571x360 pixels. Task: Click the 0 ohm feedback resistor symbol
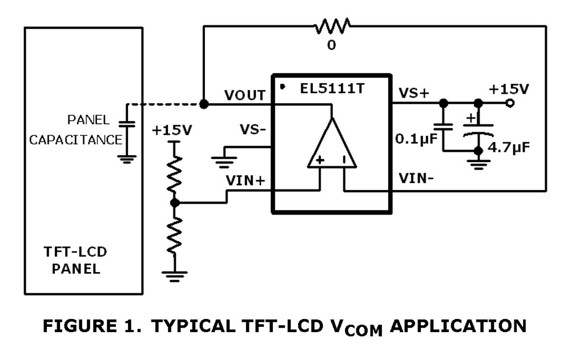[332, 26]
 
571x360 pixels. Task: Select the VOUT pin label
[245, 95]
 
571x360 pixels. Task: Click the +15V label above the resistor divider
[172, 130]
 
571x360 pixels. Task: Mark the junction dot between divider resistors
[175, 203]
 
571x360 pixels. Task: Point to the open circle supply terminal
[509, 103]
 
